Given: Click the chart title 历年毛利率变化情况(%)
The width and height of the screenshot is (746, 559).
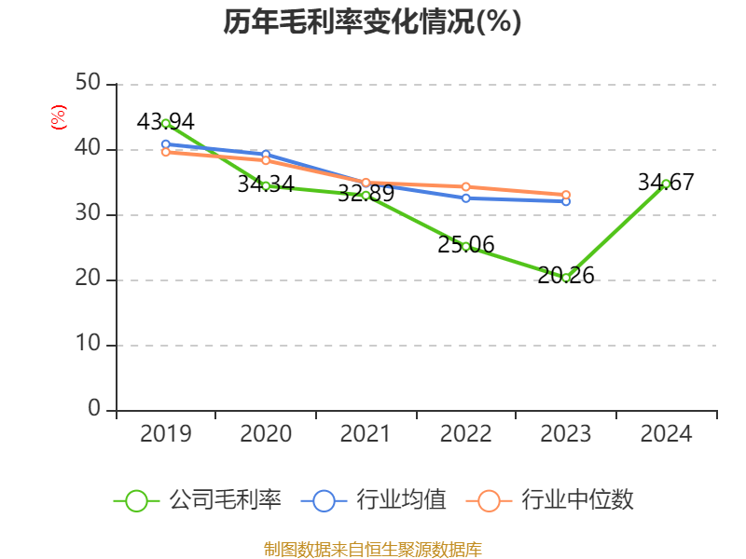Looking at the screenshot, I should click(372, 22).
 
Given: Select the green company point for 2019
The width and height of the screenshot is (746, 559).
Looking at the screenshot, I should click(166, 123).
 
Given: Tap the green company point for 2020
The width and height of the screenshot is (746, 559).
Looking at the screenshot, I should click(266, 185).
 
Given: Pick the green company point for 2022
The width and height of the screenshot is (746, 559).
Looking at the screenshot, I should click(466, 246).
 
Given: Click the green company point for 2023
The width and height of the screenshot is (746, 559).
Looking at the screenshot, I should click(566, 277).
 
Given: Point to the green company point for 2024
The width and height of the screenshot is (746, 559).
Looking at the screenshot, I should click(666, 184).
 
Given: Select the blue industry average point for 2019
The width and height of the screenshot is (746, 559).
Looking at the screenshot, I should click(166, 144).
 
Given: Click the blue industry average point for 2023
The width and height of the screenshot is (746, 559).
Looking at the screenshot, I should click(566, 201).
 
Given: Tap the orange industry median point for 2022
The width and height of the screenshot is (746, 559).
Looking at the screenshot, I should click(466, 187).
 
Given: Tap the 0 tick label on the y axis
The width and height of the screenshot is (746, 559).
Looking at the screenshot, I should click(95, 410).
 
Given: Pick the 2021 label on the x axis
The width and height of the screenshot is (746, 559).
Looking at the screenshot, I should click(366, 434).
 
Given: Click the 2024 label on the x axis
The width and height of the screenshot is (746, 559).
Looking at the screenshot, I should click(666, 434).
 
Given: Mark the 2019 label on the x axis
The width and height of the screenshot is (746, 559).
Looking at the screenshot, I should click(166, 434).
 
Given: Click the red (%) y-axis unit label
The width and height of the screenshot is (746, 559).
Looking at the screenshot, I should click(59, 118).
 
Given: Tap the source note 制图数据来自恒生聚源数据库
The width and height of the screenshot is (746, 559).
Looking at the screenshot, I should click(372, 549).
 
